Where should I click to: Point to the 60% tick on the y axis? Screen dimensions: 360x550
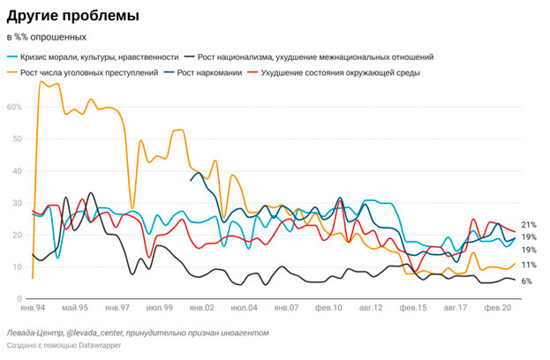[13, 107]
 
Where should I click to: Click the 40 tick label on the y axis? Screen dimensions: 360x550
[15, 171]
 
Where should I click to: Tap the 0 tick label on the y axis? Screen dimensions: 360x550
[18, 298]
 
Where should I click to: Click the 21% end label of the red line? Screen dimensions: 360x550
[529, 225]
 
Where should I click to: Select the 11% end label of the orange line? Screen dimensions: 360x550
[529, 265]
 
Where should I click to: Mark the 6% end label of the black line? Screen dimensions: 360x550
[526, 281]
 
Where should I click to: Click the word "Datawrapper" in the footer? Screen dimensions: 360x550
[96, 346]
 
